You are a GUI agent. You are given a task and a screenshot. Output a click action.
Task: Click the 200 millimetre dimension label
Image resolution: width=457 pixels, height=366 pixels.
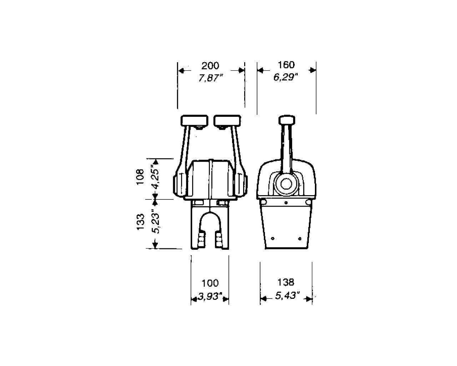point(210,66)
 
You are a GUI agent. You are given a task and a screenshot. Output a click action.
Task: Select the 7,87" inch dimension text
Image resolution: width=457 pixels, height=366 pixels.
point(211,78)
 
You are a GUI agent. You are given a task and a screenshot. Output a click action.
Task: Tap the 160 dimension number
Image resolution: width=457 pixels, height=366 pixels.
point(286,65)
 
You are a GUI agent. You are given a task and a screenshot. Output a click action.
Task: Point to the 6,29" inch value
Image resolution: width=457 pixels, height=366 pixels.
point(286,77)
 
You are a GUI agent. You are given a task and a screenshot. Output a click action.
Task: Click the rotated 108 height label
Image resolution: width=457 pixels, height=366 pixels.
point(140,177)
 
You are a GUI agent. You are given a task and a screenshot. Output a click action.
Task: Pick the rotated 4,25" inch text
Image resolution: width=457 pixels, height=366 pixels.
point(155,177)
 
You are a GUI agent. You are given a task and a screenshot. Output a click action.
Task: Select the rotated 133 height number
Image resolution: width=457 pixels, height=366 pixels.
point(140,222)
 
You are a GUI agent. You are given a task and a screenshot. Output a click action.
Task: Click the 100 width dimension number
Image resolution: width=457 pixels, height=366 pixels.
point(210,283)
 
